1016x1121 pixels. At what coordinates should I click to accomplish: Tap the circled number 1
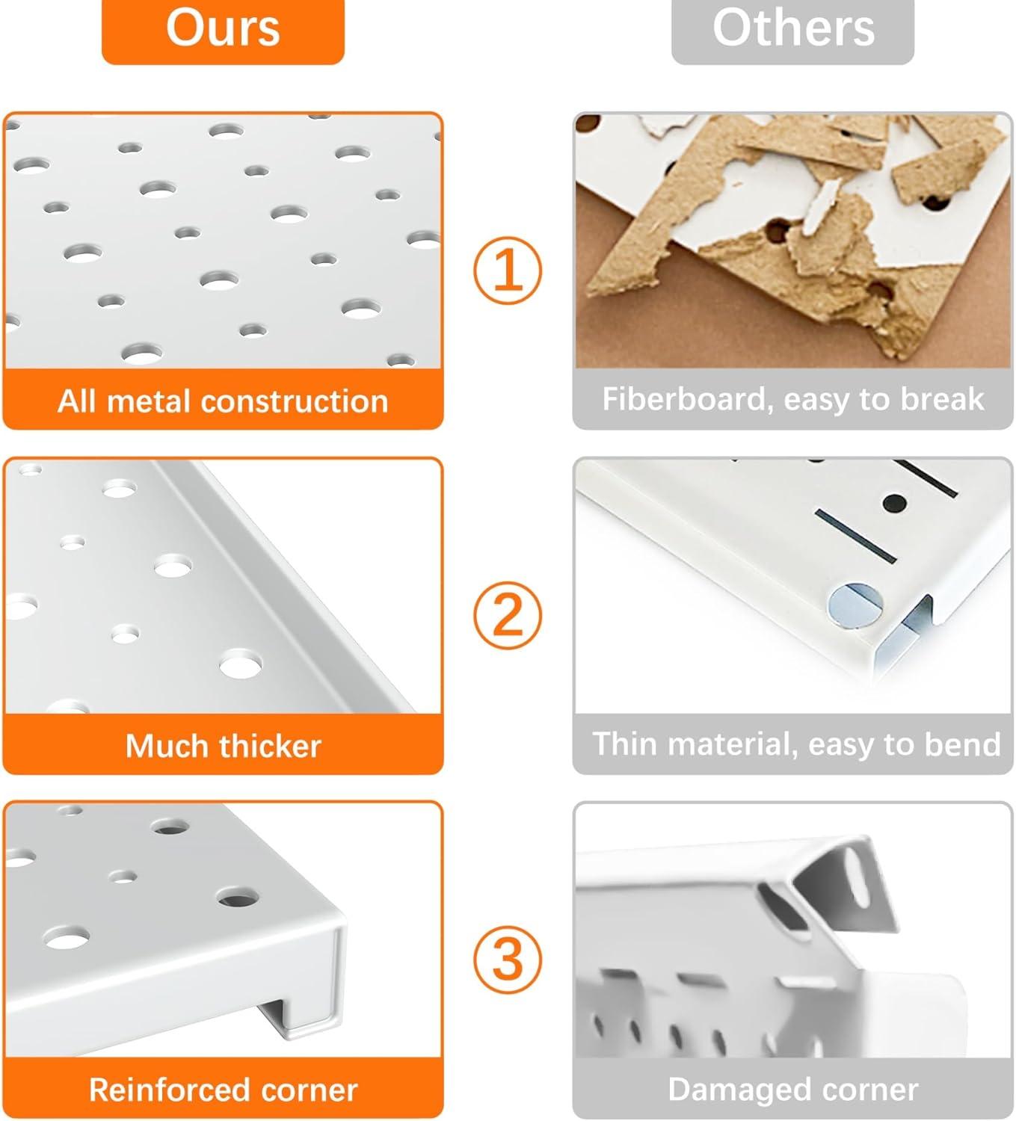click(x=508, y=271)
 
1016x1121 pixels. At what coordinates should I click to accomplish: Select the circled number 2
click(x=508, y=615)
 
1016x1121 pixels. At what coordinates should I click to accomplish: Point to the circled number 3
click(x=508, y=959)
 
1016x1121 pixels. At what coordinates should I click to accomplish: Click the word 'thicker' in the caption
click(x=270, y=746)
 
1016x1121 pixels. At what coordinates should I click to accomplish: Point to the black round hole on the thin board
click(x=895, y=501)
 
